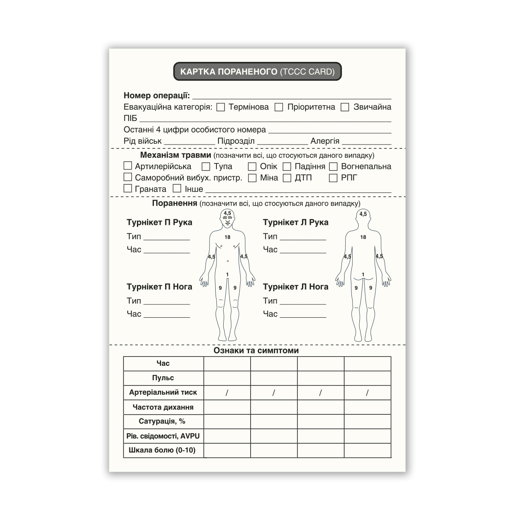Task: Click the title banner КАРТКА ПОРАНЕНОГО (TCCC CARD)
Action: pyautogui.click(x=257, y=71)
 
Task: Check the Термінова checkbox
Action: pyautogui.click(x=220, y=107)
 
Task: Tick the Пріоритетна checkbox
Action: pyautogui.click(x=279, y=107)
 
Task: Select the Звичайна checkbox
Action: pyautogui.click(x=345, y=107)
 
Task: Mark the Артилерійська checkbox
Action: pyautogui.click(x=128, y=166)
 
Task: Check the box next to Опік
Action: pyautogui.click(x=252, y=167)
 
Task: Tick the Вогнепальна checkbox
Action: pyautogui.click(x=333, y=167)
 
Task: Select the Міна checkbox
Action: pyautogui.click(x=252, y=178)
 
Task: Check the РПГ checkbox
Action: pyautogui.click(x=333, y=178)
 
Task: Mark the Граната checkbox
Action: pyautogui.click(x=128, y=188)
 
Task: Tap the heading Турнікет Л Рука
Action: pyautogui.click(x=296, y=222)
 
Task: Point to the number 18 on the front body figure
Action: pyautogui.click(x=227, y=237)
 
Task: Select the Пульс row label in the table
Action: pyautogui.click(x=163, y=378)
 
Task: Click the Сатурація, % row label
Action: pyautogui.click(x=162, y=421)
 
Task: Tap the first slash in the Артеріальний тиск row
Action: pyautogui.click(x=227, y=393)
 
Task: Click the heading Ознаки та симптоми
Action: pyautogui.click(x=256, y=351)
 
